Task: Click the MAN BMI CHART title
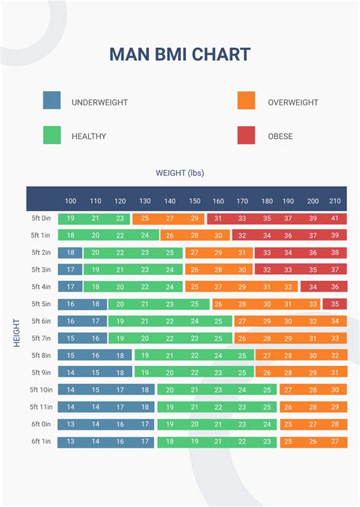click(x=180, y=54)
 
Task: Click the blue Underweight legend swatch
click(x=52, y=101)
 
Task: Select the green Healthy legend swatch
click(x=52, y=136)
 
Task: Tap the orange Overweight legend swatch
click(x=246, y=101)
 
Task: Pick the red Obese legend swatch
click(x=246, y=136)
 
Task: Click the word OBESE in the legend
click(x=280, y=137)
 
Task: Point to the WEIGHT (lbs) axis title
click(x=180, y=173)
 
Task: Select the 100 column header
click(x=71, y=201)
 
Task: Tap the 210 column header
click(x=335, y=201)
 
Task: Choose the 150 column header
click(x=194, y=201)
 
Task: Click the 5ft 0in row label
click(x=41, y=219)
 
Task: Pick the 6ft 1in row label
click(x=41, y=442)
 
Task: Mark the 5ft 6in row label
click(x=41, y=321)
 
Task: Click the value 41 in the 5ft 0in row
click(x=335, y=219)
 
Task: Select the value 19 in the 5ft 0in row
click(x=71, y=219)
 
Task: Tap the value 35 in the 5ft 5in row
click(x=335, y=304)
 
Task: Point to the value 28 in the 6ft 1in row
click(x=335, y=442)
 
